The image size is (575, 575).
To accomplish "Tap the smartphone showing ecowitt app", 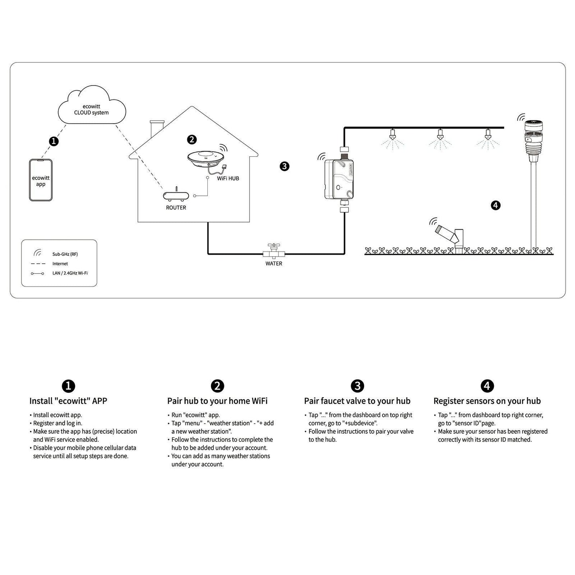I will point(41,180).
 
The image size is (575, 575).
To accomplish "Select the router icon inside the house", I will point(176,196).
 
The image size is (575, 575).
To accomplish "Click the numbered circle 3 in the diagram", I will point(284,166).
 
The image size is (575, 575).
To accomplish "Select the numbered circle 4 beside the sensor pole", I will point(495,205).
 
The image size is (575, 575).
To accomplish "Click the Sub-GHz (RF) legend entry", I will point(64,254).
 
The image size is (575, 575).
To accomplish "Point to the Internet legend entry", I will point(60,263).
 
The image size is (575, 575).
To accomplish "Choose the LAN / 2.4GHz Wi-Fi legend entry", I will point(69,273).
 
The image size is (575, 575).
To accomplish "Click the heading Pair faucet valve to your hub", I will point(357,401).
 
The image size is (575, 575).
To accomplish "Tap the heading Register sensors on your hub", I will point(487,401).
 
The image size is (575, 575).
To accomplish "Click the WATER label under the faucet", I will point(274,263).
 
